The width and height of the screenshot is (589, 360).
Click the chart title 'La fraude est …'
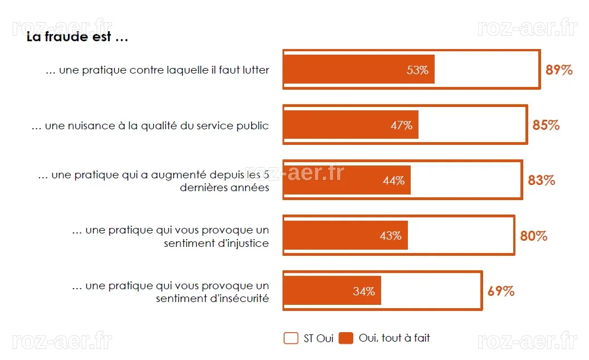pyautogui.click(x=77, y=37)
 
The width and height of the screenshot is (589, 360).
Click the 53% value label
pyautogui.click(x=417, y=70)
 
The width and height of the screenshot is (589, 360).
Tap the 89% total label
pyautogui.click(x=559, y=70)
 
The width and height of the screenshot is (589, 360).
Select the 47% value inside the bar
pyautogui.click(x=402, y=125)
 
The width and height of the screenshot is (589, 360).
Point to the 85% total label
pyautogui.click(x=546, y=125)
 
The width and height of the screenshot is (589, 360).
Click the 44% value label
pyautogui.click(x=393, y=181)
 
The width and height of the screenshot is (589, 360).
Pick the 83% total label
pyautogui.click(x=541, y=181)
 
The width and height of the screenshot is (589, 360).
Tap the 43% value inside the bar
pyautogui.click(x=391, y=236)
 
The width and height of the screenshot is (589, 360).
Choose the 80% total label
pyautogui.click(x=533, y=236)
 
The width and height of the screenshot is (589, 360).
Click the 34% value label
pyautogui.click(x=364, y=291)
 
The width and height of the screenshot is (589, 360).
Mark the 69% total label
pyautogui.click(x=501, y=291)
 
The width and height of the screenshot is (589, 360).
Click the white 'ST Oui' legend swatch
pyautogui.click(x=291, y=338)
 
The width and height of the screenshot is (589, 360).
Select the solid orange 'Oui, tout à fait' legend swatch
pyautogui.click(x=345, y=338)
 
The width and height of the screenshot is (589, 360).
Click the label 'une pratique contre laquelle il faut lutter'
pyautogui.click(x=157, y=70)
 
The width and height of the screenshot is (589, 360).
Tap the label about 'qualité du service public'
pyautogui.click(x=150, y=126)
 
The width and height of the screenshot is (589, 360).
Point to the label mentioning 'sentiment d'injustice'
pyautogui.click(x=171, y=237)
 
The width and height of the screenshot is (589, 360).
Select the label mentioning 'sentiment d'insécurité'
pyautogui.click(x=171, y=292)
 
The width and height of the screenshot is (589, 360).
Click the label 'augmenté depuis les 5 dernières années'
pyautogui.click(x=154, y=181)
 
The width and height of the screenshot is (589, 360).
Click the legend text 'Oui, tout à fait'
pyautogui.click(x=394, y=338)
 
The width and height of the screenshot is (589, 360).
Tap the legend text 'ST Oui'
pyautogui.click(x=319, y=339)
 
